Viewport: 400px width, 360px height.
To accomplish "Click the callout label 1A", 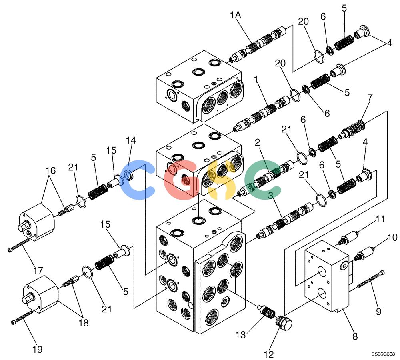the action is click(235, 15).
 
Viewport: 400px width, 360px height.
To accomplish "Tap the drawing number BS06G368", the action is click(383, 354).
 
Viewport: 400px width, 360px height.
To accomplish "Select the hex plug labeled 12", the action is click(284, 324).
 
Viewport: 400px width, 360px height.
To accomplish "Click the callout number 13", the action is click(240, 334).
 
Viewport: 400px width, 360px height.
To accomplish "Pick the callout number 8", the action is click(355, 336).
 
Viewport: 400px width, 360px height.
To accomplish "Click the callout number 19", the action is click(38, 349).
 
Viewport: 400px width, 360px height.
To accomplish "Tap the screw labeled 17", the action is click(19, 245).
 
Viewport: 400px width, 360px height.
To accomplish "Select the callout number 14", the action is click(131, 140).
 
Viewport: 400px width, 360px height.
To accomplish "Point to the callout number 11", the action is click(380, 219).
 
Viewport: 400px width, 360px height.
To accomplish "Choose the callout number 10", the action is click(393, 237).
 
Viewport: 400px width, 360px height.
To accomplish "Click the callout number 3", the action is click(270, 195).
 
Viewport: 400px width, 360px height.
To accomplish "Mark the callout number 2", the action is click(257, 142).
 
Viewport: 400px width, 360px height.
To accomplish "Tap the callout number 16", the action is click(50, 170).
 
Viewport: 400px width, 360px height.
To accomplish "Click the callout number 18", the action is click(84, 323).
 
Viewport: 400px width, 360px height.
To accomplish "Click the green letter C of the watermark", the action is click(263, 180).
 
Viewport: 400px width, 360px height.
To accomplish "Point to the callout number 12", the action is click(269, 354).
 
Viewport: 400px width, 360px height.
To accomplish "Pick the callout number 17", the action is click(38, 270).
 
